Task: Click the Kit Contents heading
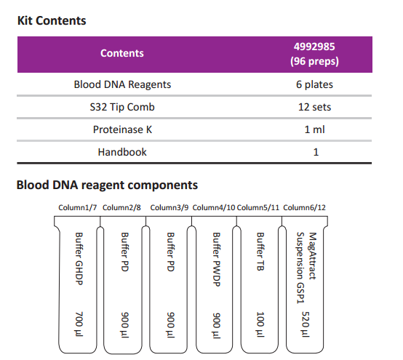[x=52, y=21]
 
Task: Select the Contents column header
[x=122, y=53]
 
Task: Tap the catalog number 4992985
[x=314, y=47]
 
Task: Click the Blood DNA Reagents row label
[x=122, y=84]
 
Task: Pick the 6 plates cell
[x=314, y=84]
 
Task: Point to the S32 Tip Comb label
[x=122, y=107]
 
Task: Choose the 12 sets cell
[x=314, y=107]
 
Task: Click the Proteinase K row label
[x=122, y=129]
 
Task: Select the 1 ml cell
[x=314, y=129]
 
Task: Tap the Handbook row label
[x=122, y=152]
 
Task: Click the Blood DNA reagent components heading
[x=107, y=185]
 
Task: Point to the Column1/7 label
[x=78, y=207]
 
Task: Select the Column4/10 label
[x=214, y=207]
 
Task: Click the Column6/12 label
[x=304, y=207]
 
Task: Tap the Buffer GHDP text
[x=79, y=259]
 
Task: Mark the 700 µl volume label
[x=79, y=324]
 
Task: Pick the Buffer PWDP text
[x=217, y=260]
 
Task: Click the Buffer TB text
[x=260, y=252]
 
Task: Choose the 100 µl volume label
[x=260, y=324]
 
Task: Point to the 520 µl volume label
[x=306, y=324]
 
